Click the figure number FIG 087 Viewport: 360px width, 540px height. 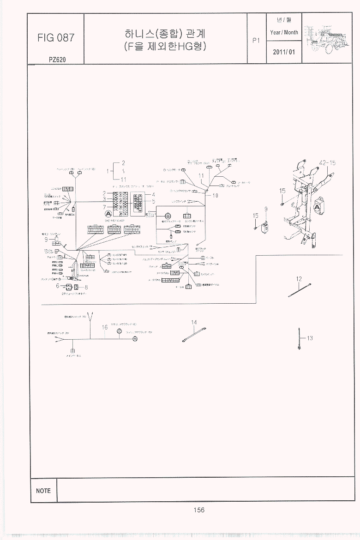pos(55,38)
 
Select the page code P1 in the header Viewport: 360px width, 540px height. pos(257,40)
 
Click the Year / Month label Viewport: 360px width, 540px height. pos(284,32)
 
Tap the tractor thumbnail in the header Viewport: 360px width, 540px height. pos(330,37)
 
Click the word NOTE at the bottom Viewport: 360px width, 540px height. pos(43,491)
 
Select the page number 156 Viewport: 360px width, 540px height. pos(199,510)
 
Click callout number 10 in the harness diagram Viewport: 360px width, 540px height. pos(215,195)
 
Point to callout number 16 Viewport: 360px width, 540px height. pos(105,327)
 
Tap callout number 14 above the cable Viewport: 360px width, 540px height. pos(194,322)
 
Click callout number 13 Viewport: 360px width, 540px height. pos(310,338)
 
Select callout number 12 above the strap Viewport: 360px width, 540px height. pos(299,279)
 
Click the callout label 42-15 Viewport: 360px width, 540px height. pos(327,162)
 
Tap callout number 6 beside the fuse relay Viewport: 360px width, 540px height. pos(57,286)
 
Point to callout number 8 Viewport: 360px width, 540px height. pos(86,287)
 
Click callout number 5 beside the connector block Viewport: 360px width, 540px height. pos(153,201)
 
